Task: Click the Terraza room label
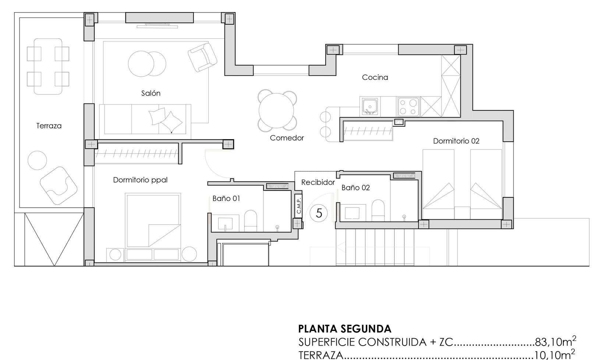49,126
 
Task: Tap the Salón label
151,93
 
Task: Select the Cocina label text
375,78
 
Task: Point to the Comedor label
287,138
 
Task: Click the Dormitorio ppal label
140,180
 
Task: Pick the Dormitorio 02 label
456,141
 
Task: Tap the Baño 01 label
226,198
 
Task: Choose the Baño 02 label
355,188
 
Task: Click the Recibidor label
318,182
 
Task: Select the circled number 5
319,213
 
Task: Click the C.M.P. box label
299,205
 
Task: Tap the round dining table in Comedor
277,111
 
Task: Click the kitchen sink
370,107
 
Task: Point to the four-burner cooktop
408,107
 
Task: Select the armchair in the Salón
202,57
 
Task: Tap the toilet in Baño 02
378,210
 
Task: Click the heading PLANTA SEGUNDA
345,329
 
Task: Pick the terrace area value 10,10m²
555,355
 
